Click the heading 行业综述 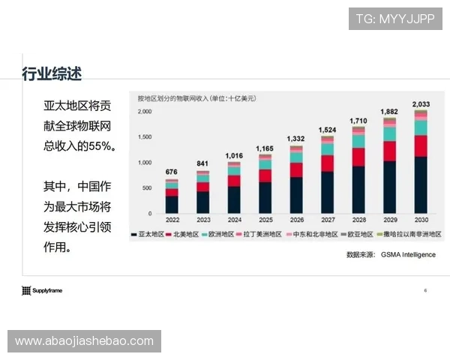[x=52, y=73]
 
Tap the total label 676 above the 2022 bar [x=172, y=172]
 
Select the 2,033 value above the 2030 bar [x=421, y=103]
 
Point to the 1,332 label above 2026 [x=296, y=139]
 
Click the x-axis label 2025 [x=265, y=220]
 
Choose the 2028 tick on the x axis [x=358, y=220]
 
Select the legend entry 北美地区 [x=186, y=235]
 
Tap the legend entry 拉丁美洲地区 [x=262, y=235]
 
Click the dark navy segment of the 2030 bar [x=421, y=184]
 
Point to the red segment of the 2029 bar [x=390, y=151]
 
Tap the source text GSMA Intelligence [x=408, y=254]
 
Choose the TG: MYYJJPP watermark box [x=395, y=17]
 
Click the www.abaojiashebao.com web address [x=84, y=341]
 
